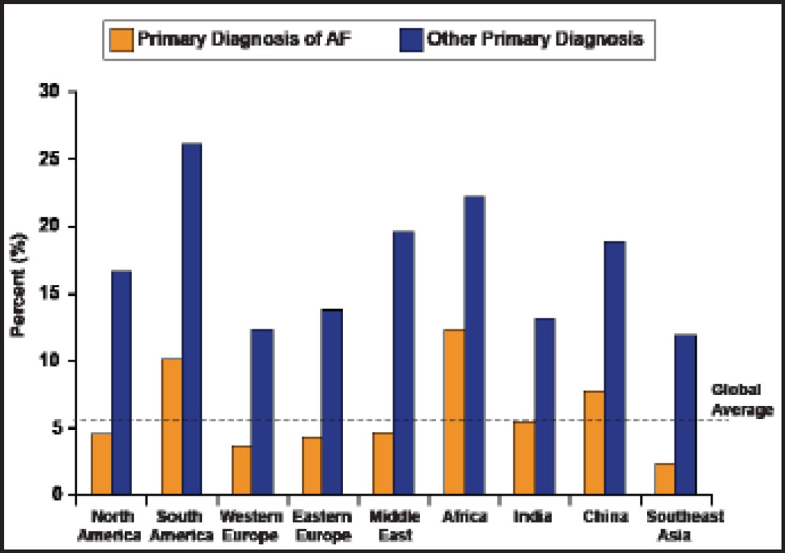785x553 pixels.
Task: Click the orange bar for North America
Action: point(101,463)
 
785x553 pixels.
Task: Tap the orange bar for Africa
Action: point(454,412)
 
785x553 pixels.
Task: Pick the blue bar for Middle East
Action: point(404,363)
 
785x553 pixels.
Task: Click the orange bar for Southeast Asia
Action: point(665,479)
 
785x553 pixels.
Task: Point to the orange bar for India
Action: point(524,458)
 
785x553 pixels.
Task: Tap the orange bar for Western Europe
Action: point(242,470)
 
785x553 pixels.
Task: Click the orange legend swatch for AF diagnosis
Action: point(121,40)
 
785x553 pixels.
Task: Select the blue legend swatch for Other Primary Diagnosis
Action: point(411,40)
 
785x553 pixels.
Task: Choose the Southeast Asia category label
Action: point(685,525)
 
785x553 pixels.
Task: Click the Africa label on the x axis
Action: point(464,516)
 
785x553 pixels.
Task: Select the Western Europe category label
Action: point(251,525)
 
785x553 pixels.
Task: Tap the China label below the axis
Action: point(605,516)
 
